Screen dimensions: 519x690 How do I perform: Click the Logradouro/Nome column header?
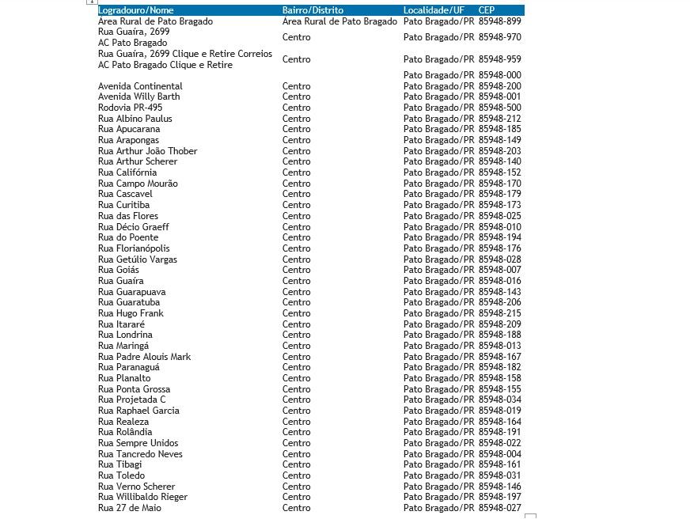tap(135, 10)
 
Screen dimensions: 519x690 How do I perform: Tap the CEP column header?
tap(487, 10)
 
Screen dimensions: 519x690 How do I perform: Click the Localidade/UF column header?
tap(434, 10)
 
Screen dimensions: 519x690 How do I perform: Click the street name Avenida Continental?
tap(140, 86)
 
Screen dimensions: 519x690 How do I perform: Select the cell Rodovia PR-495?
tap(130, 108)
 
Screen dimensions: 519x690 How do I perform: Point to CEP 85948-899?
tap(499, 21)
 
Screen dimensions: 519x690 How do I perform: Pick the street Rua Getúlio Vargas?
tap(137, 259)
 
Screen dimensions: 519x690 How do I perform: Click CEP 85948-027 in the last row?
tap(499, 508)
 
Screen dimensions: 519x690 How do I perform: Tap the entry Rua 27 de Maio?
tap(129, 508)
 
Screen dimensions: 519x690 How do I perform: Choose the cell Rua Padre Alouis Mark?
tap(144, 357)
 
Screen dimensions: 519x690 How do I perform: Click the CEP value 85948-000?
tap(499, 75)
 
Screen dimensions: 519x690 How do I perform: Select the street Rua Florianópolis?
tap(134, 248)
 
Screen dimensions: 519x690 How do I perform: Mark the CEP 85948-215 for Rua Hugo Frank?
tap(499, 313)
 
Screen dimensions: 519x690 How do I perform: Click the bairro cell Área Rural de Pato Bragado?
tap(339, 21)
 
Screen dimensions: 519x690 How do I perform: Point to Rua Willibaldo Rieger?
tap(142, 497)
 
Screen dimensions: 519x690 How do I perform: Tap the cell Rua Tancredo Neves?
tap(140, 454)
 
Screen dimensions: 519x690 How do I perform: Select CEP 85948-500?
tap(499, 108)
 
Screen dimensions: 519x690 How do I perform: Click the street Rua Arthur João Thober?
tap(147, 151)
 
